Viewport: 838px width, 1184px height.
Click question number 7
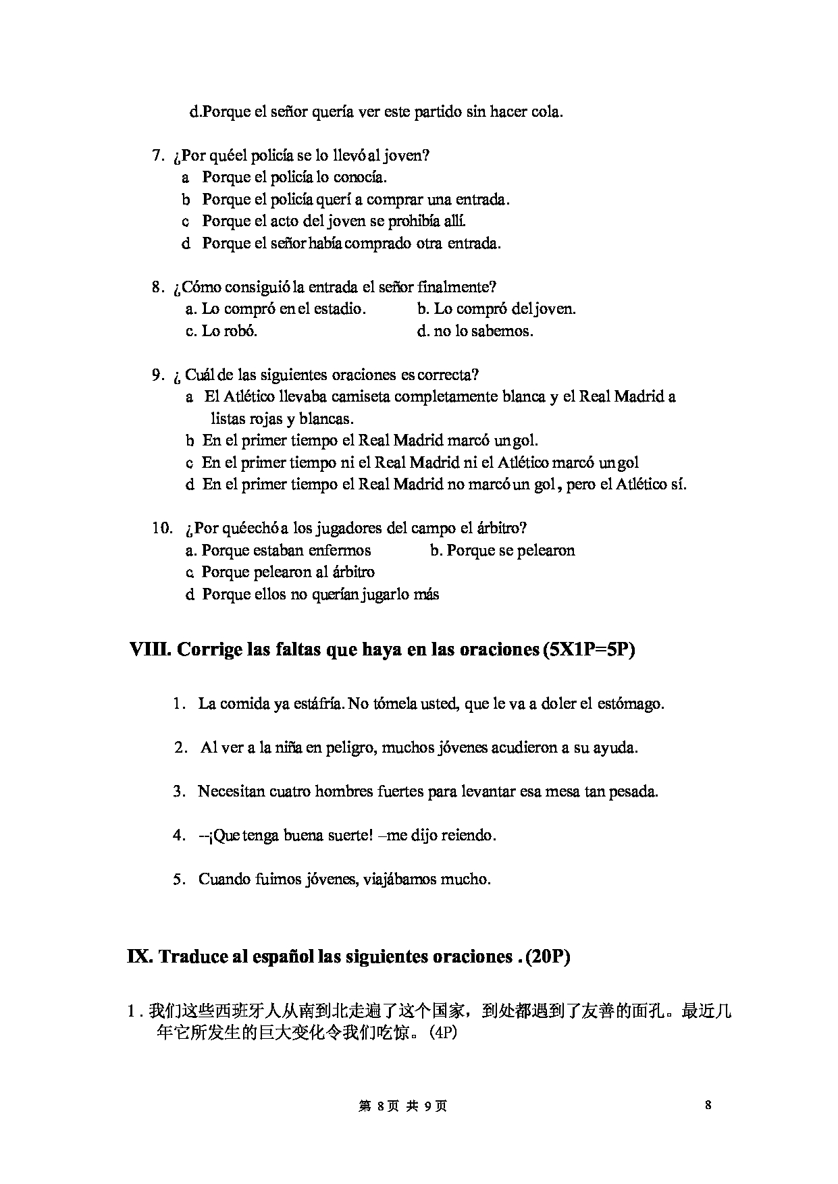coord(158,156)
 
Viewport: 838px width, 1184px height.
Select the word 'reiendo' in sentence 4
coord(468,835)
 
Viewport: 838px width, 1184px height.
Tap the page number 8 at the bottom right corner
coord(708,1106)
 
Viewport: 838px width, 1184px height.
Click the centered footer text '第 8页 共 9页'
coord(403,1106)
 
